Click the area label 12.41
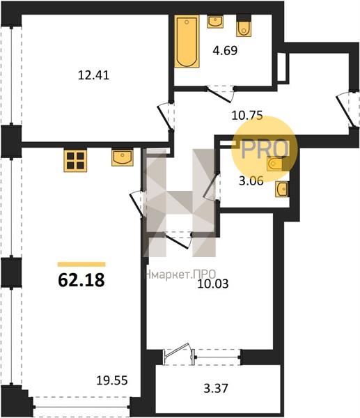tap(93, 75)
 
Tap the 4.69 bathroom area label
tap(225, 50)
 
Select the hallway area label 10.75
tap(247, 116)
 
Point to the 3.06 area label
tap(251, 181)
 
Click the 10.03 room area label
tap(213, 284)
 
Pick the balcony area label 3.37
tap(216, 388)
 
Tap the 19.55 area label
tap(112, 380)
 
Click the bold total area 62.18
tap(81, 280)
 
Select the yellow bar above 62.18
tap(81, 264)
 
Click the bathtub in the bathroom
tap(187, 41)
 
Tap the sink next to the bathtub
tap(215, 22)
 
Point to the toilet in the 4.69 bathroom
tap(244, 26)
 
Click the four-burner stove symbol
tap(75, 160)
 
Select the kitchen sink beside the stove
tap(123, 158)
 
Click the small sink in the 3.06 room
tap(281, 189)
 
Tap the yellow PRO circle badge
tap(264, 149)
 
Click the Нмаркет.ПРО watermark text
tap(180, 274)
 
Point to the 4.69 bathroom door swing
tap(220, 94)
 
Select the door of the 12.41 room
tap(166, 117)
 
